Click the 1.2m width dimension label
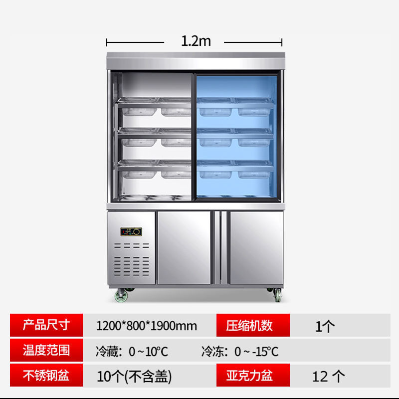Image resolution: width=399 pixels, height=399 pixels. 196,41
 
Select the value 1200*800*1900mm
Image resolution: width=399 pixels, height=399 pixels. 146,326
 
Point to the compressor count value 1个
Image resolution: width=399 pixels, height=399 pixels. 325,326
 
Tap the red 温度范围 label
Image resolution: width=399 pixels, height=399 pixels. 45,350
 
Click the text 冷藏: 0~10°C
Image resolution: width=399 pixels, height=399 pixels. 132,351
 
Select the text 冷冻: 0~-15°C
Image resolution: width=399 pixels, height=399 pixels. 240,351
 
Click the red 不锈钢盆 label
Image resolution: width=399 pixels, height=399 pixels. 45,376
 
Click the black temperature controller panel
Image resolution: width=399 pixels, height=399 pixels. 132,231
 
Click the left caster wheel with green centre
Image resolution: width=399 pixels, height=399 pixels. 122,295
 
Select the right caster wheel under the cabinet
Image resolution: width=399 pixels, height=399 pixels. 277,295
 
